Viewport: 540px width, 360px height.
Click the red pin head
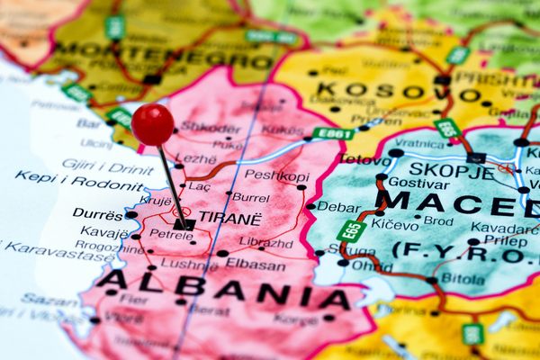tap(152, 122)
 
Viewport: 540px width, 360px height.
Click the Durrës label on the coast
tap(96, 215)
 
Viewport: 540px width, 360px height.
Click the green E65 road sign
tap(350, 230)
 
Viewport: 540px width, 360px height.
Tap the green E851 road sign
tap(333, 133)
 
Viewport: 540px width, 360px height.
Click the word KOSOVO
tap(388, 91)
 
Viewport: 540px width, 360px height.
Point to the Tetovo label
tap(365, 160)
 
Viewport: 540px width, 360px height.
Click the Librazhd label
tap(265, 241)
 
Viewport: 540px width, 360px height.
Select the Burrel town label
tap(250, 196)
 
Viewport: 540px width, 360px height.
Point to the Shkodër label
tap(211, 127)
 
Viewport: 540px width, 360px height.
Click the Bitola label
tap(463, 278)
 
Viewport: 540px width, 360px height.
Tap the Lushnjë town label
tap(189, 265)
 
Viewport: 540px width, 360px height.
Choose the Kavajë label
tap(104, 232)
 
